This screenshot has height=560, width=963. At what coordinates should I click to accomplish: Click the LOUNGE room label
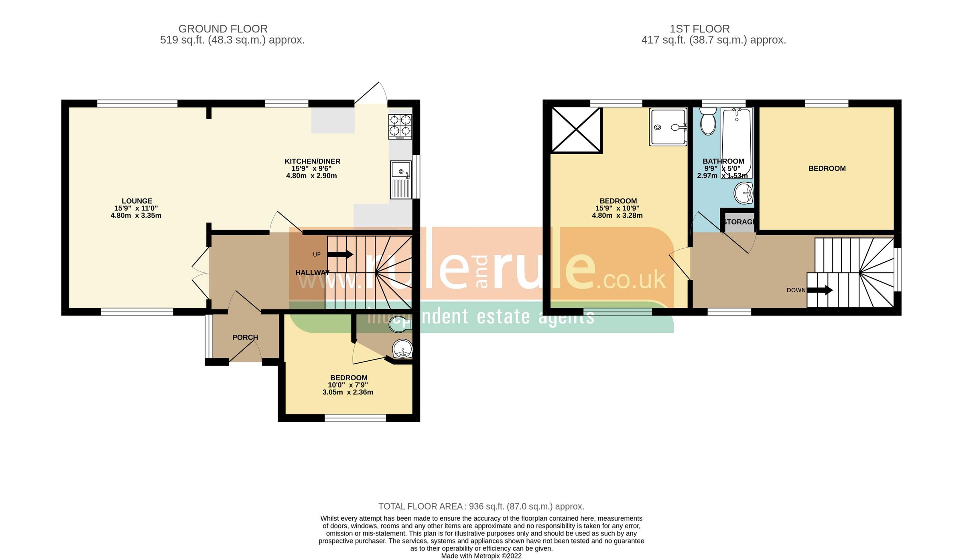click(x=137, y=201)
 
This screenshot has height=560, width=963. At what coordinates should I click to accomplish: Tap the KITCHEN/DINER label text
click(x=312, y=162)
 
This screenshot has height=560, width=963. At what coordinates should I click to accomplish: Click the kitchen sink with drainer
click(x=401, y=180)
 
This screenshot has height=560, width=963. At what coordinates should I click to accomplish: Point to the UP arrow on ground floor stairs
click(x=340, y=254)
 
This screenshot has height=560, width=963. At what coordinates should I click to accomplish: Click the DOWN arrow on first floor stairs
click(x=820, y=290)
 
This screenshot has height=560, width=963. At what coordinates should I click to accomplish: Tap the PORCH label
click(x=245, y=338)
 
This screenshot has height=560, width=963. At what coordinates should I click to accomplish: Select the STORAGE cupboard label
click(x=739, y=222)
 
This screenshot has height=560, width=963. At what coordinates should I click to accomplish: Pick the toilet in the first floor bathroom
click(x=708, y=121)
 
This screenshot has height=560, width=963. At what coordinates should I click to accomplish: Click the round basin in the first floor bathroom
click(x=744, y=193)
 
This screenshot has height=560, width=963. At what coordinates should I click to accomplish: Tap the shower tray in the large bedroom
click(x=668, y=127)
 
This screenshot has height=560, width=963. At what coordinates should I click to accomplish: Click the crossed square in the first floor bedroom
click(x=576, y=129)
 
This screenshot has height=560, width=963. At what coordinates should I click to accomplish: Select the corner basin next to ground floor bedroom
click(x=402, y=349)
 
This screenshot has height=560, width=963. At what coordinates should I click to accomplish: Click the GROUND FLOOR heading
click(x=223, y=29)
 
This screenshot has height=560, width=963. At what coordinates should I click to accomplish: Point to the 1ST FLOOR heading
click(x=699, y=29)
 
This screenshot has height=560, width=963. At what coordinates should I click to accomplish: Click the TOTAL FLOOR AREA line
click(x=481, y=506)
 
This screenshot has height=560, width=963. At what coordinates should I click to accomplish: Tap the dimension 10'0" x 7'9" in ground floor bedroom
click(x=347, y=385)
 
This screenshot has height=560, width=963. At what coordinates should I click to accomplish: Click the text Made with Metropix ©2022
click(x=481, y=556)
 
